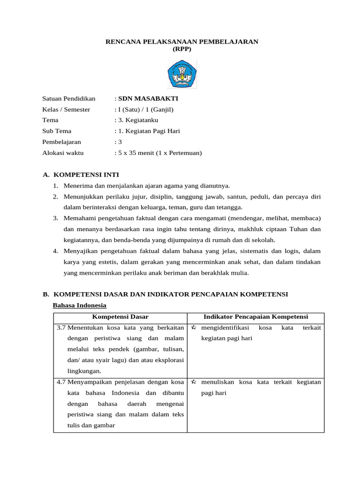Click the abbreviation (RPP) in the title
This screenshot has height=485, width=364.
click(182, 49)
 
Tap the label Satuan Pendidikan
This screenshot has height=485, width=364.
click(69, 99)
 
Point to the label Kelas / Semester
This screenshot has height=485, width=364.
click(66, 109)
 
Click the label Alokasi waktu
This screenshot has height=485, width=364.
click(63, 153)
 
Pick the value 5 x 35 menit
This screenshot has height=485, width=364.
click(138, 153)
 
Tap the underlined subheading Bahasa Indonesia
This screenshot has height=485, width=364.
click(79, 305)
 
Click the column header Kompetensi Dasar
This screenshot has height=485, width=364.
click(120, 316)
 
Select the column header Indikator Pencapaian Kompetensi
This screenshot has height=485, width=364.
click(255, 316)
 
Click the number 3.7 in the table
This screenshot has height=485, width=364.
click(61, 327)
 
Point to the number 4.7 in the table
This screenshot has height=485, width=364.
click(61, 382)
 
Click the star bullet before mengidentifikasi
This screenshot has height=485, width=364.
click(194, 327)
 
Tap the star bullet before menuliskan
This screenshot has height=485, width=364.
click(194, 382)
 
